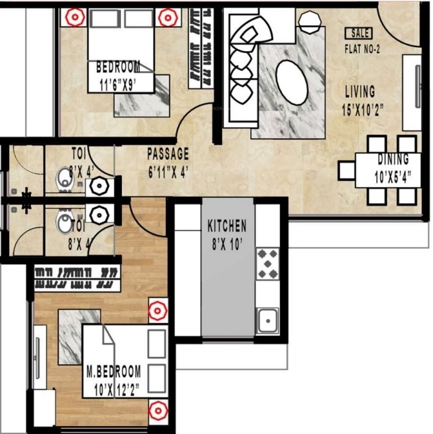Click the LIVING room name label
[359, 92]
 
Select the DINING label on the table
[393, 159]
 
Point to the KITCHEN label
[227, 226]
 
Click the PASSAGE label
[168, 153]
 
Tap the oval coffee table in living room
[291, 82]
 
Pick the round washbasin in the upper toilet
[99, 185]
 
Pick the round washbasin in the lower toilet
[99, 214]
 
